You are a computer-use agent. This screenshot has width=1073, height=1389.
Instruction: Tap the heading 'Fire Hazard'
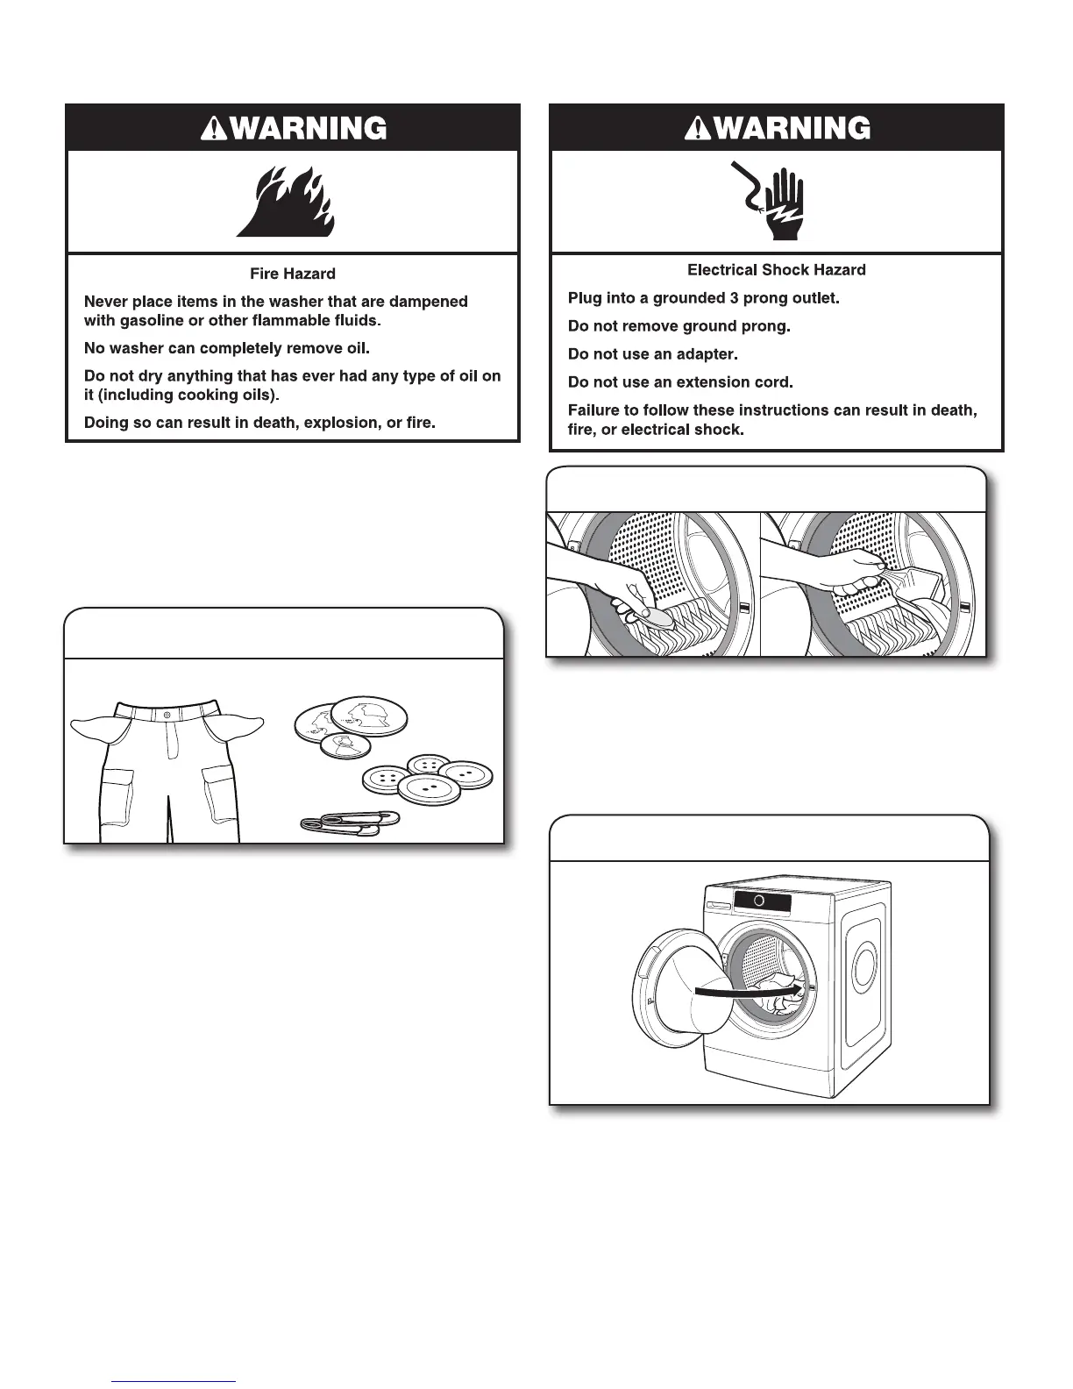coord(293,274)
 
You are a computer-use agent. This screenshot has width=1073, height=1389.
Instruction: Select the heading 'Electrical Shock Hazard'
coord(776,270)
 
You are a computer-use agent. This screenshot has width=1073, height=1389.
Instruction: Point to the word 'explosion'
coord(340,423)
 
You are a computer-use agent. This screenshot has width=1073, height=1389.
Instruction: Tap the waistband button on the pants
coord(167,716)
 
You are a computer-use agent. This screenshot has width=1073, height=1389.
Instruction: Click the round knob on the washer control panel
coord(759,901)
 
